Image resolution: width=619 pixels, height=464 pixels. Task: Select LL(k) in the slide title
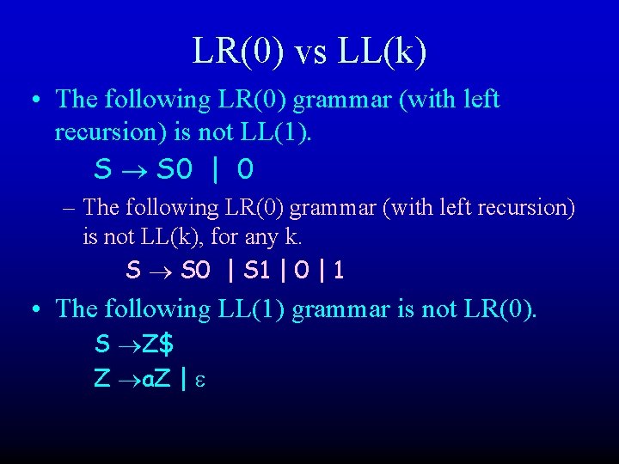pyautogui.click(x=383, y=52)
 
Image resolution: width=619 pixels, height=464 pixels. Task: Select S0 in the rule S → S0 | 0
pyautogui.click(x=175, y=170)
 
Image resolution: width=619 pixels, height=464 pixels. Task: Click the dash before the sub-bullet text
pyautogui.click(x=69, y=208)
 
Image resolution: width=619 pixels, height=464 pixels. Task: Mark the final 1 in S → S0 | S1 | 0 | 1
pyautogui.click(x=339, y=272)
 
